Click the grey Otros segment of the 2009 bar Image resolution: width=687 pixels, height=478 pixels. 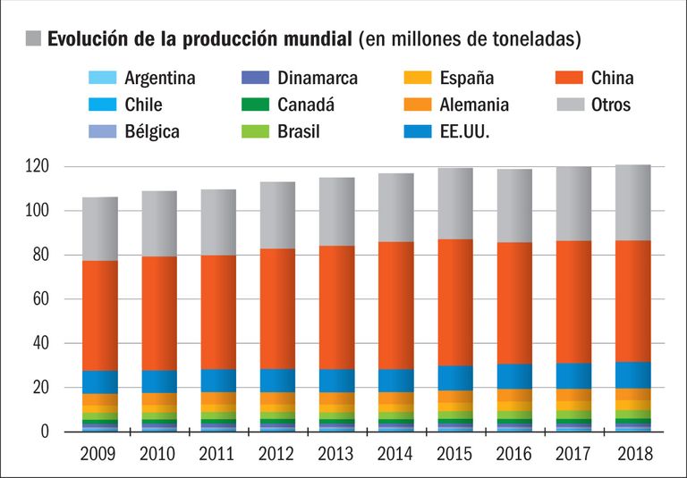tap(100, 229)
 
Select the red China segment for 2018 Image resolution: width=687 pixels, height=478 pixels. tap(632, 301)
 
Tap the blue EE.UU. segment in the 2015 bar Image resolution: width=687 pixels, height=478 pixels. tap(454, 378)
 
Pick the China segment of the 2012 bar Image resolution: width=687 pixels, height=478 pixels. tap(277, 308)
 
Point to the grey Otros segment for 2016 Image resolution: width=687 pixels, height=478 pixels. tap(514, 205)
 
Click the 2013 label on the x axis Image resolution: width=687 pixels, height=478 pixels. tap(336, 454)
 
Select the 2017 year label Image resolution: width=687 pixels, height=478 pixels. tap(573, 454)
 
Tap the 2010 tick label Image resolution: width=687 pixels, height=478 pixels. tap(157, 454)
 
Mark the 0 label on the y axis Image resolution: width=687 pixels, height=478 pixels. tap(45, 432)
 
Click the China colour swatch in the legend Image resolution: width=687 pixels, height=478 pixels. tap(570, 78)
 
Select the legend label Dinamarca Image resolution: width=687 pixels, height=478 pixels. tap(318, 78)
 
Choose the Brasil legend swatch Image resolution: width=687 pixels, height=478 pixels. tap(256, 131)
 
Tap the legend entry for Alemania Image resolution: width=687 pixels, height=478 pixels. tap(474, 105)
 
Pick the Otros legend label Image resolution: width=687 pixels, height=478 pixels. tap(611, 105)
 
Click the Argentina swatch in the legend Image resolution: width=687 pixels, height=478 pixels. tap(103, 78)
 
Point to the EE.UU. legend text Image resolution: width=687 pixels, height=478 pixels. tap(465, 131)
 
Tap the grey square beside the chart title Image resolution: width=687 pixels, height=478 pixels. tap(33, 38)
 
